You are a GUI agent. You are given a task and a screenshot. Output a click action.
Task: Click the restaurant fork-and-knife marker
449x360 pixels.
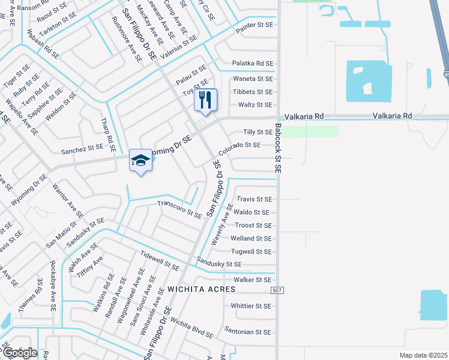click(x=205, y=100)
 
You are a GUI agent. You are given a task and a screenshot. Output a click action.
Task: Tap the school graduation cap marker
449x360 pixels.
click(x=140, y=160)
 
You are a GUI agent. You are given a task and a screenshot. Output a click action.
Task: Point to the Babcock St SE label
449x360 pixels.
click(x=278, y=149)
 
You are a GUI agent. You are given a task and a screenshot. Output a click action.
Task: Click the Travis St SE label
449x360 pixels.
click(x=255, y=199)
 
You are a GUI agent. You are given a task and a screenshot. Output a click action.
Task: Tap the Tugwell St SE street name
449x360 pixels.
click(x=252, y=252)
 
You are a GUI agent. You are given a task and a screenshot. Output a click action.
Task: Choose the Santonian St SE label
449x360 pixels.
click(x=248, y=332)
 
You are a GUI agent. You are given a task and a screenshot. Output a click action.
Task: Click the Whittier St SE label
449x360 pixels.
click(x=251, y=306)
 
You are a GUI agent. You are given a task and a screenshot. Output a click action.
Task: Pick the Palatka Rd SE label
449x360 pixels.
click(x=253, y=64)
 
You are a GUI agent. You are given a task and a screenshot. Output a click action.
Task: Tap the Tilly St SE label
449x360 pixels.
click(x=258, y=132)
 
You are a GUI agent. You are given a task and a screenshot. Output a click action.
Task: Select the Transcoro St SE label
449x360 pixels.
click(x=179, y=209)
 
